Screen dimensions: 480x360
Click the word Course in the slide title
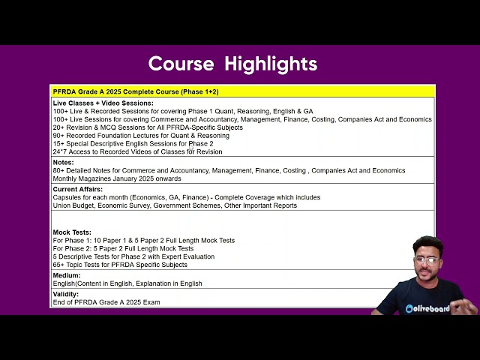point(181,64)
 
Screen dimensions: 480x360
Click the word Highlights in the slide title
point(271,64)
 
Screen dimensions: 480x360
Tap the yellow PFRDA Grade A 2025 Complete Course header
point(136,91)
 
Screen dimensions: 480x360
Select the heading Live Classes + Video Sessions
point(103,103)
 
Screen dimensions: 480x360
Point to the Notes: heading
point(63,162)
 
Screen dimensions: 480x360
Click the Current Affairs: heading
point(78,189)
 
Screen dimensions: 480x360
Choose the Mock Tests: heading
point(72,232)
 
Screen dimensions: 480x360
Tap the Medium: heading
point(67,275)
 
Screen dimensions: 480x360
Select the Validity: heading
point(66,294)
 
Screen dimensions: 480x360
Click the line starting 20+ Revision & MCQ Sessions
point(148,127)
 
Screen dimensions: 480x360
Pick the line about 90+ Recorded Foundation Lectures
point(141,136)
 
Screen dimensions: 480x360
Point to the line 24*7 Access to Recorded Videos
point(137,151)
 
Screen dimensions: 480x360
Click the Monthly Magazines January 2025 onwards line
point(117,178)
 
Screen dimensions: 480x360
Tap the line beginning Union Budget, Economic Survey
point(175,205)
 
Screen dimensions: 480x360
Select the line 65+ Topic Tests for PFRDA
point(120,265)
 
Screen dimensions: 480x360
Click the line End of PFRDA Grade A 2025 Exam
point(106,302)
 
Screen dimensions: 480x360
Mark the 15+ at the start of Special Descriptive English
point(58,143)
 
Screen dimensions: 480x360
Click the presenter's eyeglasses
point(427,261)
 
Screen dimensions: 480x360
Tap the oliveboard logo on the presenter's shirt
point(427,308)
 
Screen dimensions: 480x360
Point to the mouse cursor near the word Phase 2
point(191,148)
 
